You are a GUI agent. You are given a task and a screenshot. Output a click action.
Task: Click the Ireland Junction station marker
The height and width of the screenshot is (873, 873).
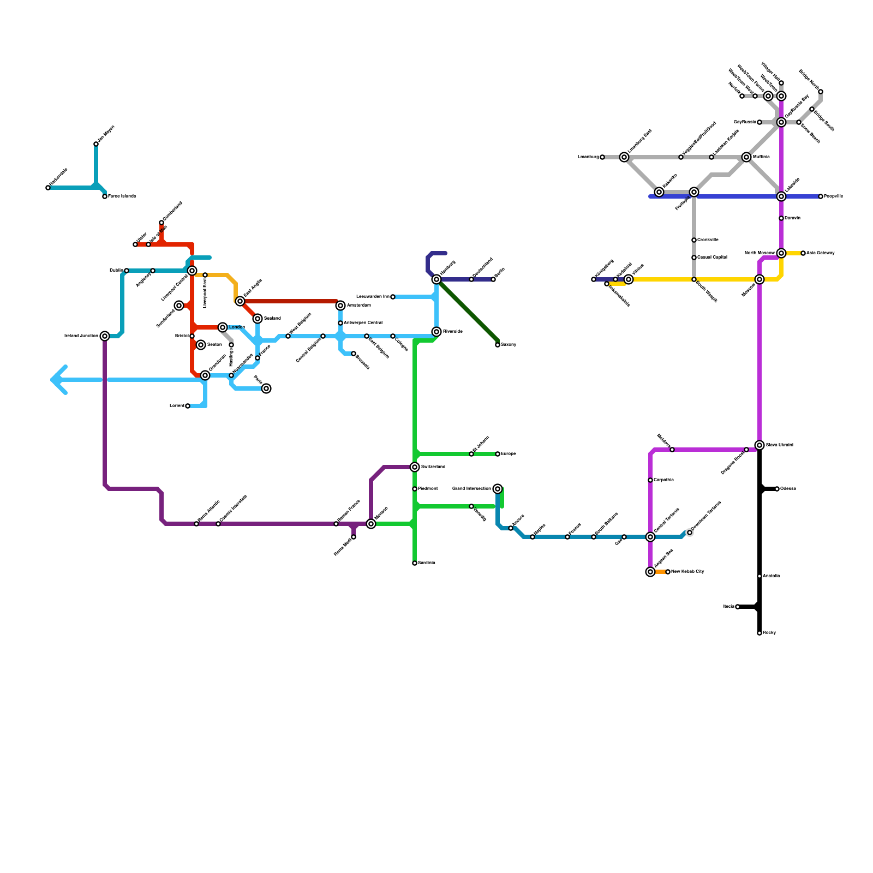[105, 336]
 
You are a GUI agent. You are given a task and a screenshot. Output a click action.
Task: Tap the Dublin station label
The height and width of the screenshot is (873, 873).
[116, 271]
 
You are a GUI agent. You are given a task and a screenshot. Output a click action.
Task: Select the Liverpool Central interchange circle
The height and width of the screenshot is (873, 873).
[192, 271]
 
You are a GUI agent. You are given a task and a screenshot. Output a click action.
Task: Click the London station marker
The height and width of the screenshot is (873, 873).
[223, 327]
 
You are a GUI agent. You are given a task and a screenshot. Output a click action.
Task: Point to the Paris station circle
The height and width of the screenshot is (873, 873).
[266, 388]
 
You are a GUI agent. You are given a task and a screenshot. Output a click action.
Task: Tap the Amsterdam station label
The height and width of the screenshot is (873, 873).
[358, 306]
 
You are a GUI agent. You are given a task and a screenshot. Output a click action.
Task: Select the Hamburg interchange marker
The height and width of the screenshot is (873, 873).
[436, 279]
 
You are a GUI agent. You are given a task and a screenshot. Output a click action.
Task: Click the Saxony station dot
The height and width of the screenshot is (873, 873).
[498, 345]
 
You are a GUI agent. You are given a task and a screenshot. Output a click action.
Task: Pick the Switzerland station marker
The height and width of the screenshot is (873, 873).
[415, 467]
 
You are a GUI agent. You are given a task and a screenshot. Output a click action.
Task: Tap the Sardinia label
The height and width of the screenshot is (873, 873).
[426, 563]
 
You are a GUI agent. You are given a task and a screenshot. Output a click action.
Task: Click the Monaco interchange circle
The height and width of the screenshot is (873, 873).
[371, 524]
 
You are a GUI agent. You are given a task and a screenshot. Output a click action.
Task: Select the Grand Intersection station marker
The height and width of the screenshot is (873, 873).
[498, 489]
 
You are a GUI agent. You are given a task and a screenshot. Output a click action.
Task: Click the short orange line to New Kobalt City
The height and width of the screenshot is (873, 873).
[660, 572]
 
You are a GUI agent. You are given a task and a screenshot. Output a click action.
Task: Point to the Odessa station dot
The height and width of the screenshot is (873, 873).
[777, 489]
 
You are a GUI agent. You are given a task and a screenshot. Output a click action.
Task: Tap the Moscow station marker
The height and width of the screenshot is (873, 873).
[760, 279]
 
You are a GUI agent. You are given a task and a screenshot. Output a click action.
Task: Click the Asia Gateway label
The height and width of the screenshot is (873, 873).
[821, 253]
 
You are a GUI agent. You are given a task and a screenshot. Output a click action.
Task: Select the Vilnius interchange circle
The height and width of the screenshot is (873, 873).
[629, 279]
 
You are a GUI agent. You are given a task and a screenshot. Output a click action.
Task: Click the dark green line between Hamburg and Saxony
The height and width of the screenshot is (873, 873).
[468, 311]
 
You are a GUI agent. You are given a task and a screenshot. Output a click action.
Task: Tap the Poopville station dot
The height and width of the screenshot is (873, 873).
[821, 196]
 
